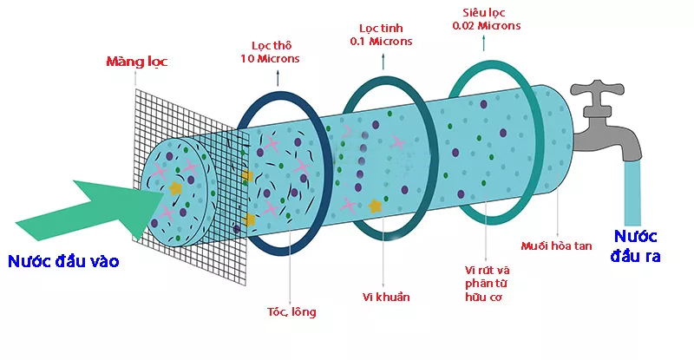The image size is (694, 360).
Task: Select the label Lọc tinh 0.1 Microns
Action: point(383,35)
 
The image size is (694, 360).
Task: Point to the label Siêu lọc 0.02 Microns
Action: point(487,19)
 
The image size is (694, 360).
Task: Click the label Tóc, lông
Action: point(292,311)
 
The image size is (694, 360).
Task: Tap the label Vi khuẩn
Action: point(386,297)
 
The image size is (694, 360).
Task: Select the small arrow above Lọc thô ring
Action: point(278,76)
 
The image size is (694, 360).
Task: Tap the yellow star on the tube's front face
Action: point(177,187)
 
